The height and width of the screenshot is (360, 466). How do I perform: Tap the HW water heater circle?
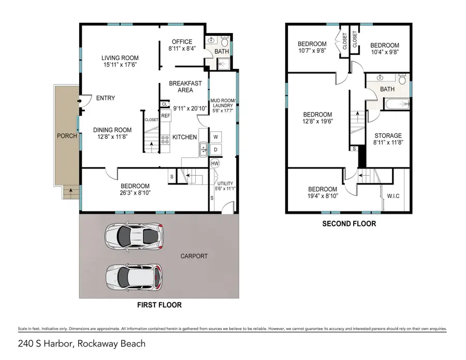215,164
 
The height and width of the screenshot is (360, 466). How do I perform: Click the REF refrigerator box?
166,116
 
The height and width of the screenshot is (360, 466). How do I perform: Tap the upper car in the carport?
134,236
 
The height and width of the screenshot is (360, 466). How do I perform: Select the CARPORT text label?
194,256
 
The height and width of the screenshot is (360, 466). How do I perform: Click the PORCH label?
67,136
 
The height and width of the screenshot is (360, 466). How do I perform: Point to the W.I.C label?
394,196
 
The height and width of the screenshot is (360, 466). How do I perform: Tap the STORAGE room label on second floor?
388,136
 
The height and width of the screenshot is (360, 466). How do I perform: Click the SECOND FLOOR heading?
349,224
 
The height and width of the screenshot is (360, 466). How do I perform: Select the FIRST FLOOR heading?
159,305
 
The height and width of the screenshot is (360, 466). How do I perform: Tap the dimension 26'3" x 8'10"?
135,194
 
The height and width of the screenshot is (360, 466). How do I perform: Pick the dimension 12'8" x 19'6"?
317,122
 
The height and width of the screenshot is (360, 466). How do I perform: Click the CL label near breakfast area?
164,104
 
